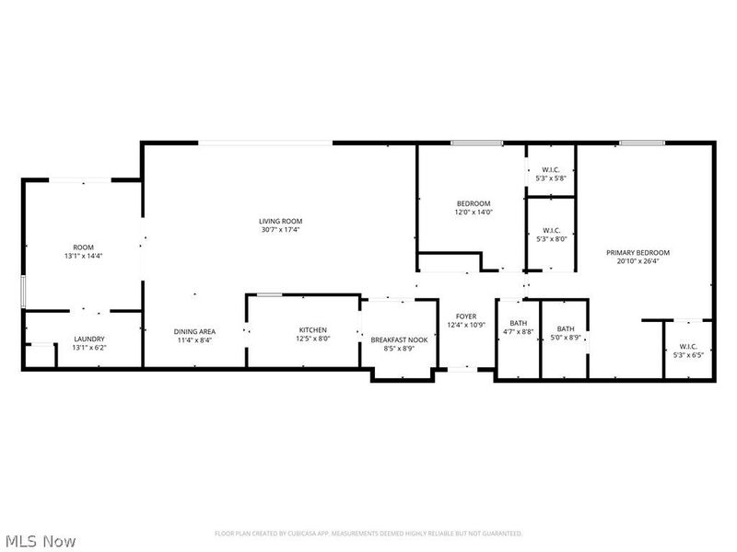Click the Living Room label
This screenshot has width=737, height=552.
[280, 221]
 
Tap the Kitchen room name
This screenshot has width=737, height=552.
[312, 330]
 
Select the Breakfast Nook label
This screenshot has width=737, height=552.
[399, 339]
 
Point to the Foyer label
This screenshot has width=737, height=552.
[465, 316]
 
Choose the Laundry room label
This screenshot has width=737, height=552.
[89, 339]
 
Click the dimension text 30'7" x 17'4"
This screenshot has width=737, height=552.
[280, 230]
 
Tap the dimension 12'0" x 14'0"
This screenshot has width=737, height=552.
[474, 213]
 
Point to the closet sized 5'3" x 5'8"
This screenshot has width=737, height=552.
[551, 174]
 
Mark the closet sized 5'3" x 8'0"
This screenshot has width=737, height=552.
[551, 235]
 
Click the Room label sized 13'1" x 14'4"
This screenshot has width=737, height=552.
[84, 252]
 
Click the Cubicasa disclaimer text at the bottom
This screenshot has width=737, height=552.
[368, 534]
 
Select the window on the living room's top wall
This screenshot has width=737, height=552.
[267, 143]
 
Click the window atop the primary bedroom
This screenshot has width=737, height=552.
[642, 143]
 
